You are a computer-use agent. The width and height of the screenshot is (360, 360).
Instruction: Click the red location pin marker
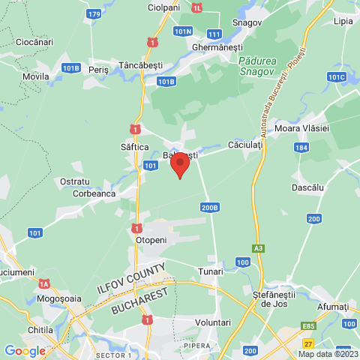179,164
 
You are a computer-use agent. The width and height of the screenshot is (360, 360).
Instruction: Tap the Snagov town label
247,22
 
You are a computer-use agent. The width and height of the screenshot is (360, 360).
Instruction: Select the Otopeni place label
151,239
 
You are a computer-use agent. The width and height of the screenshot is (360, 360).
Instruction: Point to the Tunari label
211,271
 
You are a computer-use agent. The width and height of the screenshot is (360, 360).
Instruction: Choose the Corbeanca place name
94,193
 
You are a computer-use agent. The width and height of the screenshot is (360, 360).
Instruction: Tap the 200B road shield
210,207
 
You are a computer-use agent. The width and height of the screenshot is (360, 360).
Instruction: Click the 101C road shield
336,76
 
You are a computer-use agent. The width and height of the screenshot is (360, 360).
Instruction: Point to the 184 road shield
301,148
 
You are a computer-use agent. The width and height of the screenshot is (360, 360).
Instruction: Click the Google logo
25,350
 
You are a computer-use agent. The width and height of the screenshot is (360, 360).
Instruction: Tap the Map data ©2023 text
328,354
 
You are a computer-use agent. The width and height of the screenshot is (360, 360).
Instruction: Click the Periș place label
98,69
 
